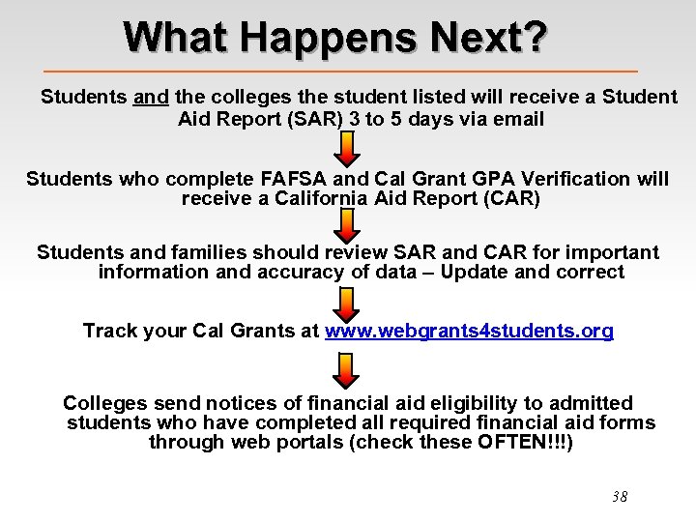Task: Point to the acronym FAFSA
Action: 293,179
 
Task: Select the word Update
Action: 475,273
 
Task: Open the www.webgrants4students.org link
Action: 469,332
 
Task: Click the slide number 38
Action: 620,497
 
